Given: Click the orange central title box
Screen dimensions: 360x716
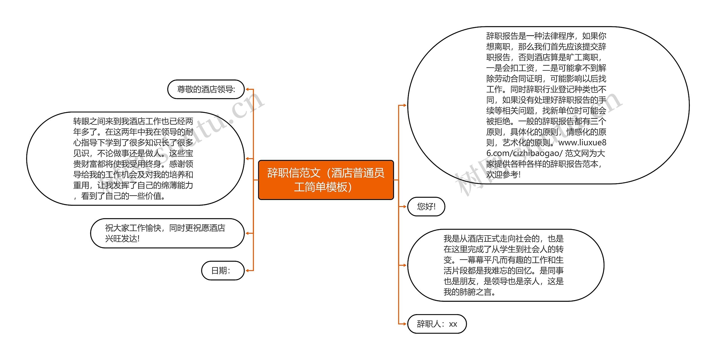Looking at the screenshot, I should point(326,180).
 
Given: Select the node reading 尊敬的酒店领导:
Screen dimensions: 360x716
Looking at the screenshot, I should point(206,89).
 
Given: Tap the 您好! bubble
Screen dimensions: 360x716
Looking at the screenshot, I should point(426,206).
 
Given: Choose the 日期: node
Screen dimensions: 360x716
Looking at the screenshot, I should point(223,270).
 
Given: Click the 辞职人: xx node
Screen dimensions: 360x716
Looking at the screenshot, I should point(437,324).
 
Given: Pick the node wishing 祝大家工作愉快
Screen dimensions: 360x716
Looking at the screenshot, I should point(167,233).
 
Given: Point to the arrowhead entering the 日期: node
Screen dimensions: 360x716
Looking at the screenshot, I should point(247,270).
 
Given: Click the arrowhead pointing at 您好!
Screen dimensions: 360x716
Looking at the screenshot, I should point(404,206).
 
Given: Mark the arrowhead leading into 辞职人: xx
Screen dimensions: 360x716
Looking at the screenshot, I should point(404,324).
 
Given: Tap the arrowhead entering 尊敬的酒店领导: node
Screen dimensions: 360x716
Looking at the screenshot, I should point(248,89).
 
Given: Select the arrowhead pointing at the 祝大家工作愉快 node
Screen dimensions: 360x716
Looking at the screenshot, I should point(247,233).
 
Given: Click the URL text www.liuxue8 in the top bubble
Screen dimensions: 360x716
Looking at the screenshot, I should point(582,143).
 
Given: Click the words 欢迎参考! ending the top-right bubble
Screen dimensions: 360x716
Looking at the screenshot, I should point(503,175).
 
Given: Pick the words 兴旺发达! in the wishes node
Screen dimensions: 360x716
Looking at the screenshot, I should point(122,239).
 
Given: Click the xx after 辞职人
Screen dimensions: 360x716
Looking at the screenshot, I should point(453,324).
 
